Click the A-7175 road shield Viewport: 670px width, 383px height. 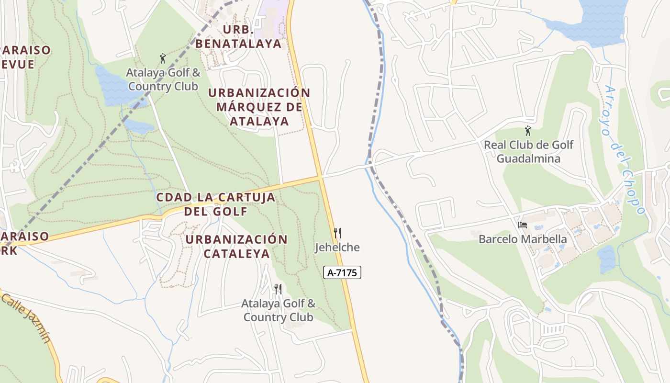(x=342, y=272)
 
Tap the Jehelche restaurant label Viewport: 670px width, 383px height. (x=337, y=248)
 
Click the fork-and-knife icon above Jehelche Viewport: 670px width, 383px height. (x=337, y=233)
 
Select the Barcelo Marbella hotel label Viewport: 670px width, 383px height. (x=523, y=239)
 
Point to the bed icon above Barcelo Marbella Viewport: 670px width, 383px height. (x=523, y=225)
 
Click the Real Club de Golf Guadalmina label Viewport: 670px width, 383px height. (x=528, y=151)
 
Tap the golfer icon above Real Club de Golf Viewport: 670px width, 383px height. (x=528, y=130)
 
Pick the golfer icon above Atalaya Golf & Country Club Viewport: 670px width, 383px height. (x=163, y=58)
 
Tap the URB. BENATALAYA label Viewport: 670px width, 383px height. (x=238, y=36)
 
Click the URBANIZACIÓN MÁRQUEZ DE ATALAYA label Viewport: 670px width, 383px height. (x=259, y=107)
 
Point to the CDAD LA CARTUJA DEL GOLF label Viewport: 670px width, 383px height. (x=216, y=204)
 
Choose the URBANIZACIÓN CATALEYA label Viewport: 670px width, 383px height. (x=237, y=246)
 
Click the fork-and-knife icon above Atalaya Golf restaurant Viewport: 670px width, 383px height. (x=278, y=289)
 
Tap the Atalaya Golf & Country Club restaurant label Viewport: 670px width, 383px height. (x=278, y=310)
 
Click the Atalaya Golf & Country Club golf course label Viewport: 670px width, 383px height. (x=163, y=79)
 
